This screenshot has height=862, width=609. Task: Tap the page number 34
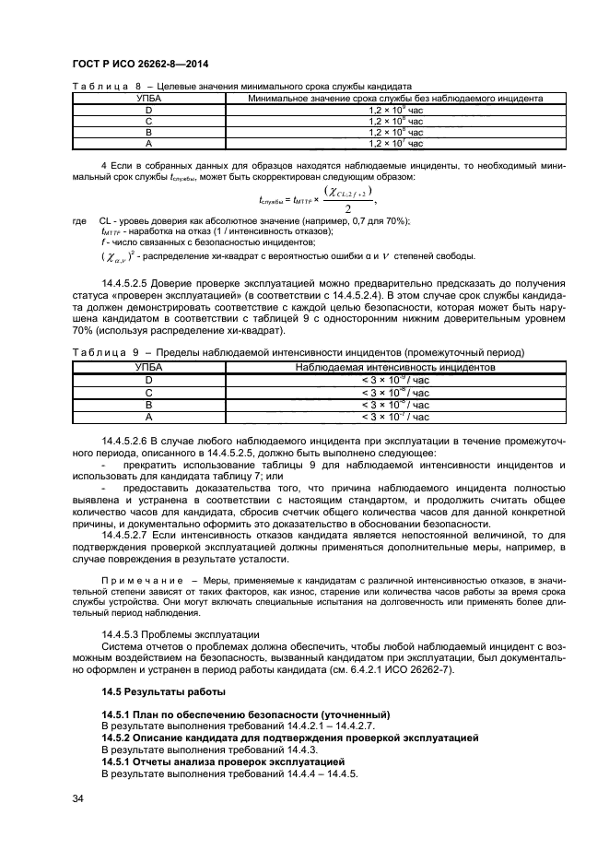click(x=78, y=798)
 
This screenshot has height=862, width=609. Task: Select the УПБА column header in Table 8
click(x=148, y=97)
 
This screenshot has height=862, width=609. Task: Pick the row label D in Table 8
click(x=148, y=109)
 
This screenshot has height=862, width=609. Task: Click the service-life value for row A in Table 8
click(x=395, y=143)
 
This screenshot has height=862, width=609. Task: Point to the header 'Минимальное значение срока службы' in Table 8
click(x=395, y=97)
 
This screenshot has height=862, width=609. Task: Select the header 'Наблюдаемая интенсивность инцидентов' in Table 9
click(x=395, y=366)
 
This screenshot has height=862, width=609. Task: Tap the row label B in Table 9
click(x=148, y=404)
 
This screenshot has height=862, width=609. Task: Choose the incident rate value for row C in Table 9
click(x=395, y=392)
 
